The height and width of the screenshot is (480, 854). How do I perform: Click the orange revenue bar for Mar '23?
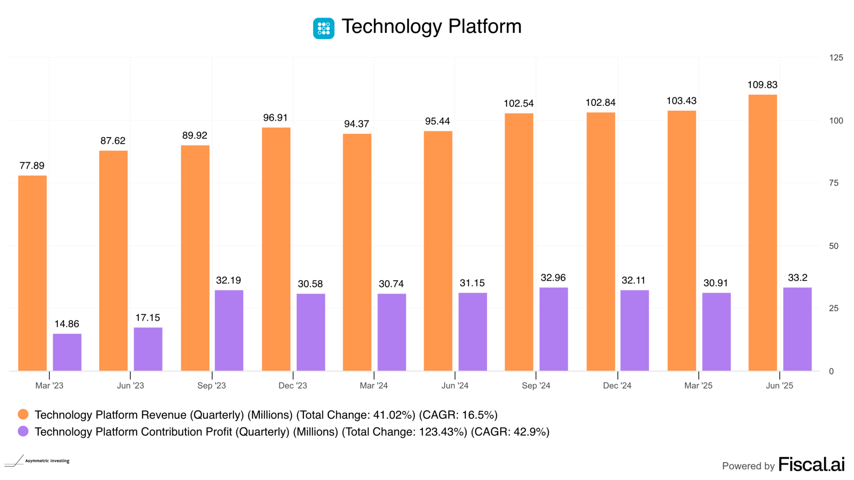32,273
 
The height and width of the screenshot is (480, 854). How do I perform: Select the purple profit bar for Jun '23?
148,349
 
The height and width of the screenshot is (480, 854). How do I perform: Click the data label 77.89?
32,166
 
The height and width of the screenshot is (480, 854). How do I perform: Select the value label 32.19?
229,280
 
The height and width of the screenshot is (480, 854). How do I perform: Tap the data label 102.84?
600,103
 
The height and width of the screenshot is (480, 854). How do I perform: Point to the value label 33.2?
798,278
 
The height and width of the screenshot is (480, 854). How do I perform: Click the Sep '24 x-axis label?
536,386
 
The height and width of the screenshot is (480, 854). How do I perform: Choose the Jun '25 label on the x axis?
779,386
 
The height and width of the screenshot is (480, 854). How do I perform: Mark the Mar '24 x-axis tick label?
374,386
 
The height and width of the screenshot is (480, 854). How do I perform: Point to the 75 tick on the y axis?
834,183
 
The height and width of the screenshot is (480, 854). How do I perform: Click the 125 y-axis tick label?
836,58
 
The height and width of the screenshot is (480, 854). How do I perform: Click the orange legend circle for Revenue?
23,415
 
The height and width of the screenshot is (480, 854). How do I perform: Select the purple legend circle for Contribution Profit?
23,432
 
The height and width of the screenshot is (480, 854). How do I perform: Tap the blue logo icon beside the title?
324,28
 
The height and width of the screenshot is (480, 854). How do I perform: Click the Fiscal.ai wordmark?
811,464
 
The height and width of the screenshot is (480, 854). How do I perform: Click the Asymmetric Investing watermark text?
47,461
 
